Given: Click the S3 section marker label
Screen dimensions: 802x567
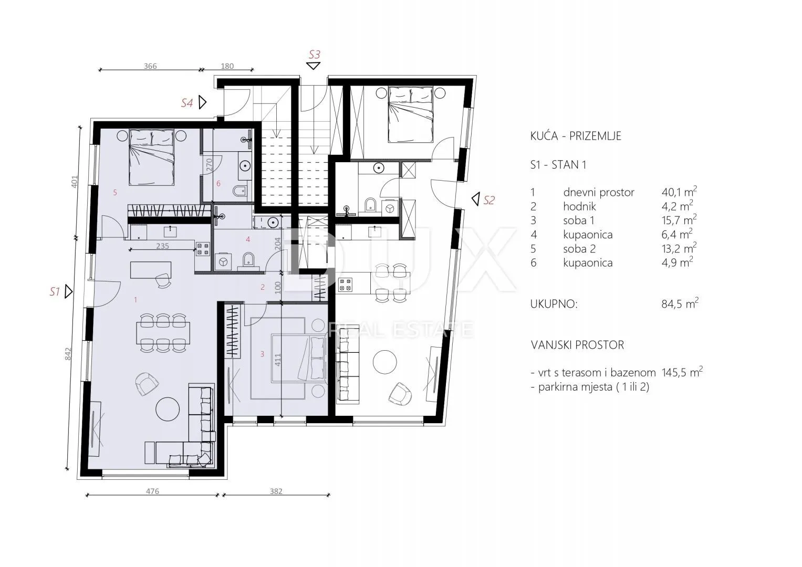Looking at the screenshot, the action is (x=315, y=55).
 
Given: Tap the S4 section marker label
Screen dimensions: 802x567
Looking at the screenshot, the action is (x=187, y=103).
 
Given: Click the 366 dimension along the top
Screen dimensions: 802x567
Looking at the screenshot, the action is (x=150, y=66).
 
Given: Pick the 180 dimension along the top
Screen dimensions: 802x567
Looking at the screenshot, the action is (x=227, y=66).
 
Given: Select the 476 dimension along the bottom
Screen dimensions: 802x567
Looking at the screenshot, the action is (x=152, y=491).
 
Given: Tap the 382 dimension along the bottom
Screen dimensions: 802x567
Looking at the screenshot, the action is (x=276, y=491).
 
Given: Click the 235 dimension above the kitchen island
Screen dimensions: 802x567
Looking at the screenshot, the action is (x=162, y=246).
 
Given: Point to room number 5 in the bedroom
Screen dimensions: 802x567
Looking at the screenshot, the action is (x=115, y=193).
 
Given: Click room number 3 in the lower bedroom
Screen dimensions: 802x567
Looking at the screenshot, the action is (x=262, y=354).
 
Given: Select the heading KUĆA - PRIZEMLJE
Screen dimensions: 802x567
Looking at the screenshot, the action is (x=576, y=136).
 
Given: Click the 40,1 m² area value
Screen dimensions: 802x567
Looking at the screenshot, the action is (x=679, y=192).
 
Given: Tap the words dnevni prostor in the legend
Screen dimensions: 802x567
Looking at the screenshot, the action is (x=599, y=193).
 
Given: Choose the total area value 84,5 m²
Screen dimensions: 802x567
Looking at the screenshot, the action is (x=680, y=303).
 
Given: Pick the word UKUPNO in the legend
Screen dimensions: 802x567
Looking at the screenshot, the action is (x=554, y=304).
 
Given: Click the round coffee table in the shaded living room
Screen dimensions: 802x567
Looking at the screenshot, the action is (x=168, y=409).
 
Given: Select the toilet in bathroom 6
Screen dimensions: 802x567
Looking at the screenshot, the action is (x=240, y=191).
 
